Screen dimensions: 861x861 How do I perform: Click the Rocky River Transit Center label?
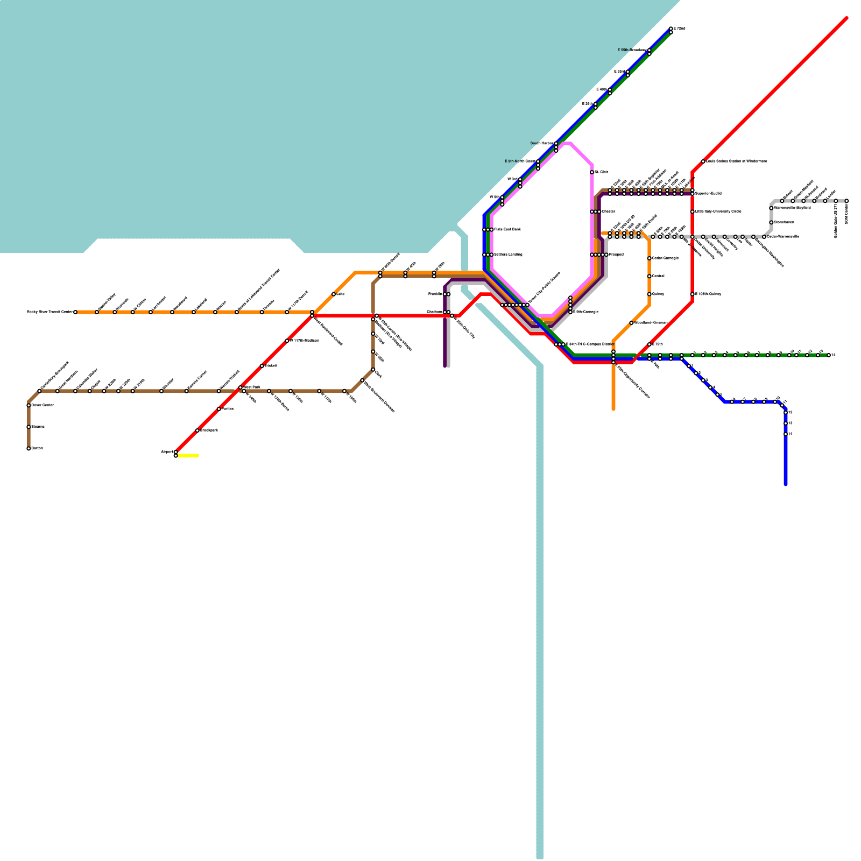pos(50,312)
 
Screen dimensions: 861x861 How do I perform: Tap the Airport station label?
pos(167,451)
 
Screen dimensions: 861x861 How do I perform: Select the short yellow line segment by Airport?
pos(188,456)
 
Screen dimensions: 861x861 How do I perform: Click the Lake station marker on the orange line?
pos(334,294)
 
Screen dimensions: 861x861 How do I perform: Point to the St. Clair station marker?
pos(592,172)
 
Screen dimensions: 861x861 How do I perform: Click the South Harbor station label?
pos(541,144)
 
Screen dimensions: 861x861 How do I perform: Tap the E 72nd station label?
pos(680,28)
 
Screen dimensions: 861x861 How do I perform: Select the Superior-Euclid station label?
pos(708,193)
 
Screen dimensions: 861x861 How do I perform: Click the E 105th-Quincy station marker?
pos(693,294)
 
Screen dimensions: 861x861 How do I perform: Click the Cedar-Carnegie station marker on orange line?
pos(650,258)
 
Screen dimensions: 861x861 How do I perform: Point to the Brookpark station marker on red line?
pos(197,430)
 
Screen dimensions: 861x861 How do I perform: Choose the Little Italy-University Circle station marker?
pos(693,211)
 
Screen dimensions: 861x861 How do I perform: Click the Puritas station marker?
pos(219,409)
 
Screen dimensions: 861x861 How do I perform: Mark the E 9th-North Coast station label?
pos(520,161)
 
